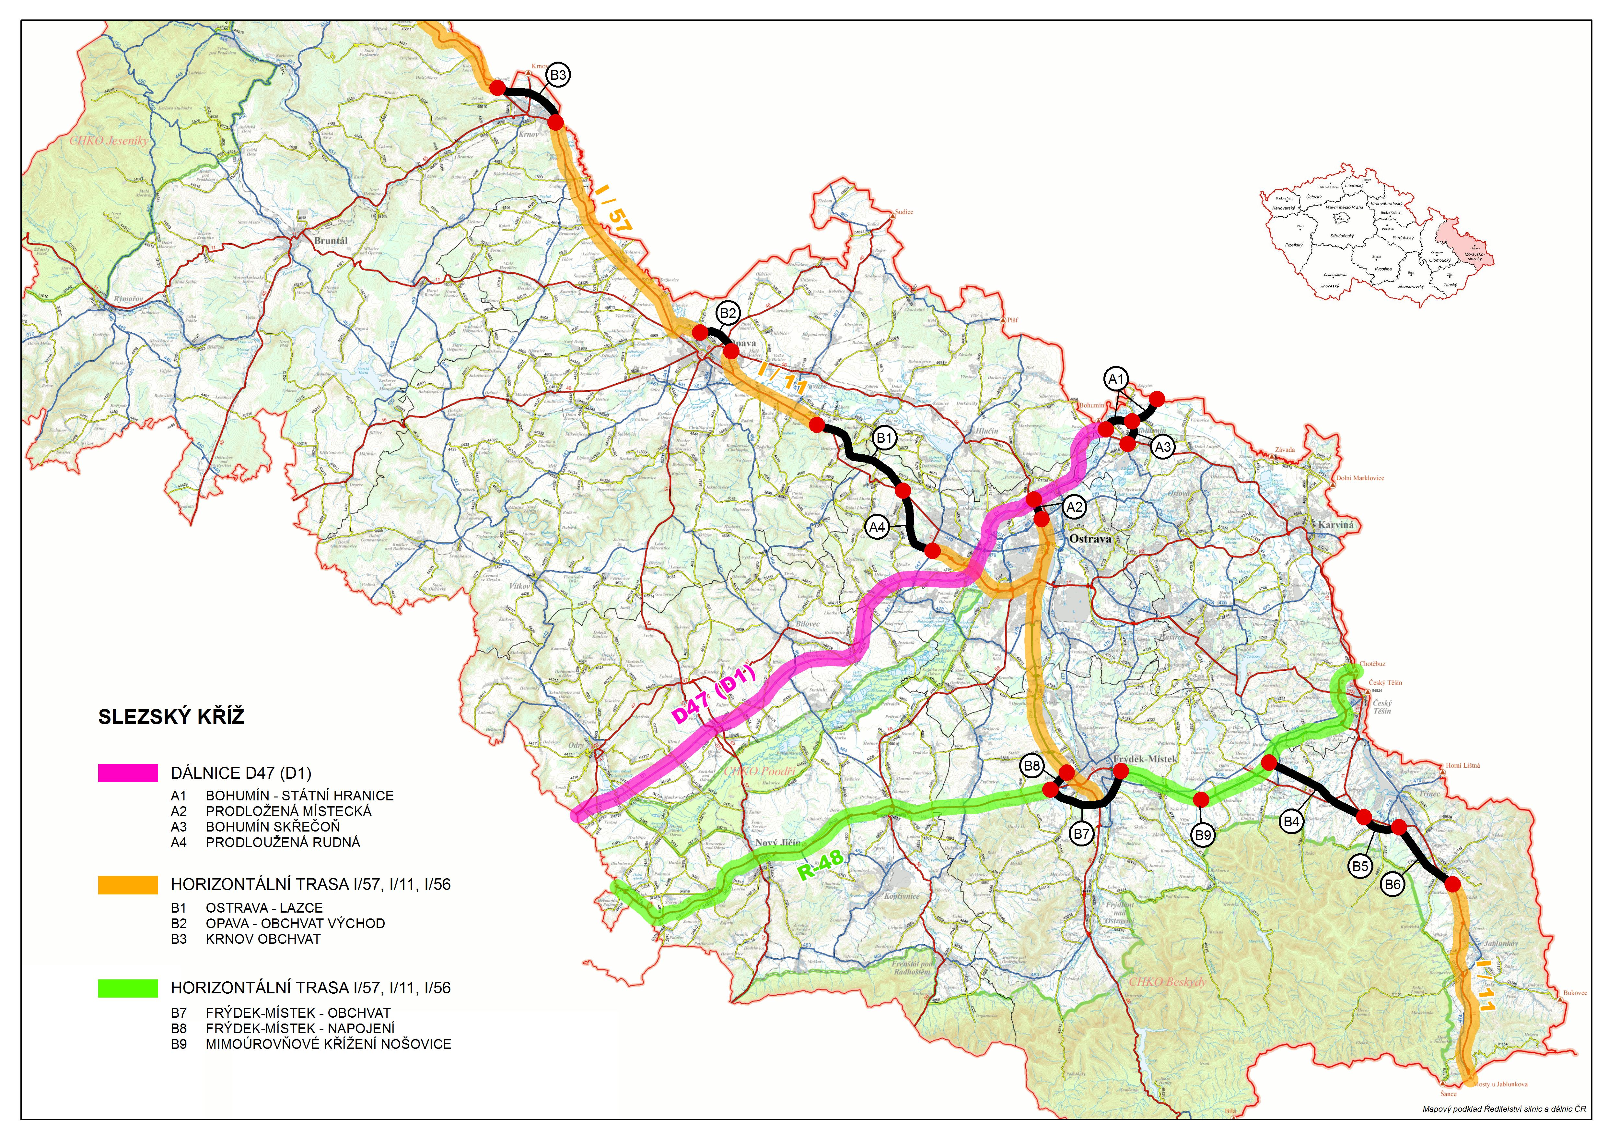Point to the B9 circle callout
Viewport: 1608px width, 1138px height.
[1203, 835]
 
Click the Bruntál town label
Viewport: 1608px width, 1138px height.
[331, 240]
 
